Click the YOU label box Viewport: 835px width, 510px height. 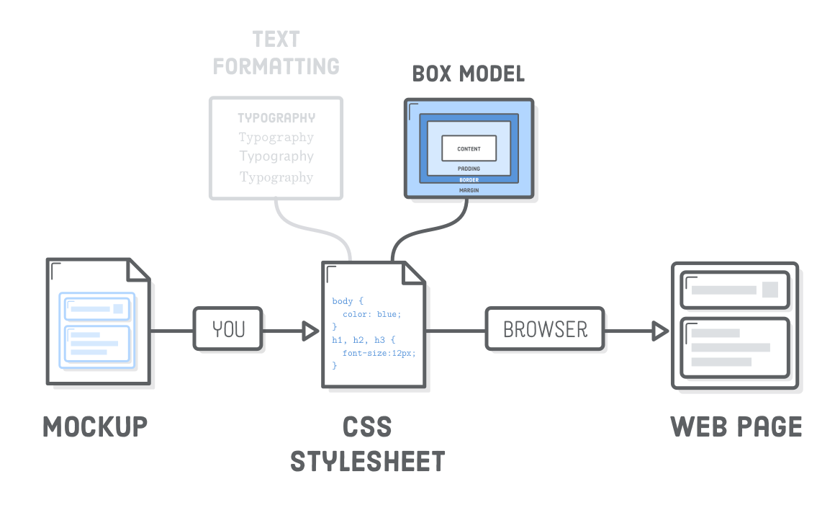[229, 329]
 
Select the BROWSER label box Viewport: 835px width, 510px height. [545, 329]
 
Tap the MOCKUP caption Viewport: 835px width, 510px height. [95, 426]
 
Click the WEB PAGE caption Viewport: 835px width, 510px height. [736, 426]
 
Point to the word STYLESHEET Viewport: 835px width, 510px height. [368, 461]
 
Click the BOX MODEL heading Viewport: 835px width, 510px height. [468, 73]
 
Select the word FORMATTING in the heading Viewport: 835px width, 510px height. [276, 66]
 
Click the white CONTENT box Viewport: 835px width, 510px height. [469, 148]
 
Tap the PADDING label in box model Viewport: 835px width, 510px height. [469, 169]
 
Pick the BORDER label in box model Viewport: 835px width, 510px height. [469, 179]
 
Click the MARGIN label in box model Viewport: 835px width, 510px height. [469, 190]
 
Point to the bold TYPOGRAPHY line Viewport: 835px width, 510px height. [276, 118]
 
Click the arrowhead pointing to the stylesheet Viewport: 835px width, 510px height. [310, 331]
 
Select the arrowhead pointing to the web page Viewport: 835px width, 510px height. [659, 331]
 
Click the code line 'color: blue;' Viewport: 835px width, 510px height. [371, 314]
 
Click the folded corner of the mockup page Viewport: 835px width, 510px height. [138, 269]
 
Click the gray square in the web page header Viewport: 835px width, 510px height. [769, 290]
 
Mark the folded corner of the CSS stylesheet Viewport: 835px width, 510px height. [412, 273]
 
